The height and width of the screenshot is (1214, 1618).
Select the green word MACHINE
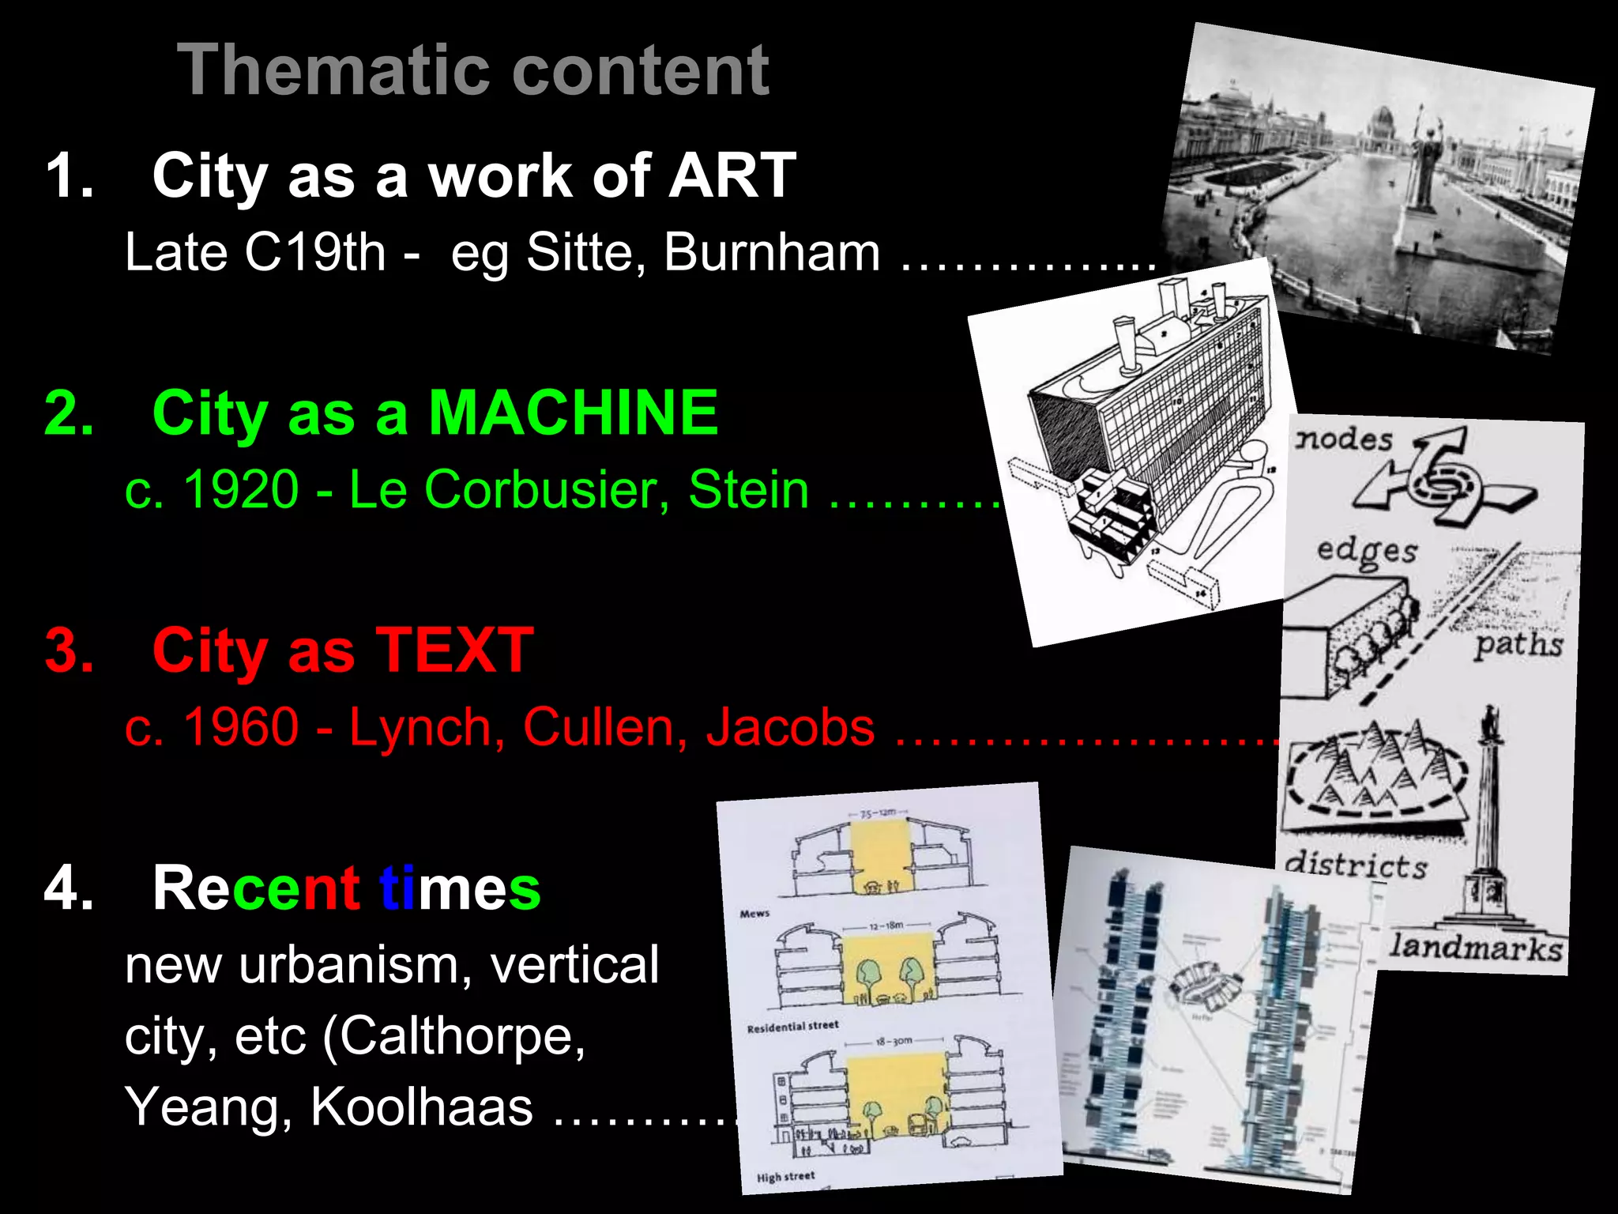574,413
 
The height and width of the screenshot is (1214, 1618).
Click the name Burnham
772,252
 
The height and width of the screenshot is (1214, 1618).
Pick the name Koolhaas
422,1106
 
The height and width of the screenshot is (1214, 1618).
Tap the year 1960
241,726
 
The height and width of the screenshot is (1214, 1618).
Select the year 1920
241,489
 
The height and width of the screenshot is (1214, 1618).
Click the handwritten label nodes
1344,439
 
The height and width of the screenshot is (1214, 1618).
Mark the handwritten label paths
1518,645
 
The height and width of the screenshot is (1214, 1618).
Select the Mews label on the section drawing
754,914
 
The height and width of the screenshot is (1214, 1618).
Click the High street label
785,1177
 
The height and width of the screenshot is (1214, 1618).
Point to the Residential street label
792,1027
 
